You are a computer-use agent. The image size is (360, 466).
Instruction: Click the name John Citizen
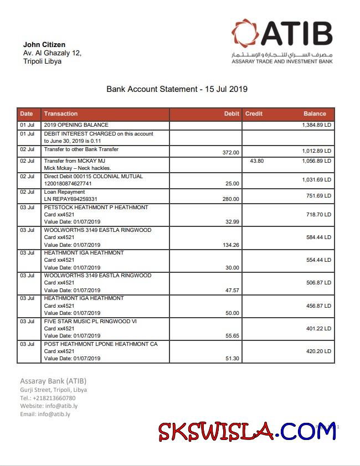pyautogui.click(x=44, y=45)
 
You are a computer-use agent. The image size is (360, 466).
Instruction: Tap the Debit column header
pyautogui.click(x=232, y=114)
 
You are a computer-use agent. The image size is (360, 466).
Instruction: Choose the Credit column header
pyautogui.click(x=254, y=114)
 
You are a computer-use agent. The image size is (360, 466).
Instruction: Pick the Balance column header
pyautogui.click(x=315, y=114)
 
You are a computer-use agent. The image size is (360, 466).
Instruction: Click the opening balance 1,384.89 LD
pyautogui.click(x=316, y=126)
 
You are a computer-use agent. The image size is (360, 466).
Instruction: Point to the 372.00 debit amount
pyautogui.click(x=230, y=153)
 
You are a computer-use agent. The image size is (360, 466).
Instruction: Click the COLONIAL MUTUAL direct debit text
pyautogui.click(x=93, y=177)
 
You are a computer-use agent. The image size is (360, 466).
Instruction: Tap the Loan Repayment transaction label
pyautogui.click(x=64, y=192)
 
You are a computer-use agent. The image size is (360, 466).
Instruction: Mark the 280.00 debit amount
pyautogui.click(x=230, y=199)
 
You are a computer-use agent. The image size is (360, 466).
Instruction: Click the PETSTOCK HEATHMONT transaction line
pyautogui.click(x=96, y=208)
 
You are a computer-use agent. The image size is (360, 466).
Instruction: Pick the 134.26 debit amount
pyautogui.click(x=229, y=245)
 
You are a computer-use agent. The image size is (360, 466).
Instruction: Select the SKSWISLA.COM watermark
pyautogui.click(x=246, y=431)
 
